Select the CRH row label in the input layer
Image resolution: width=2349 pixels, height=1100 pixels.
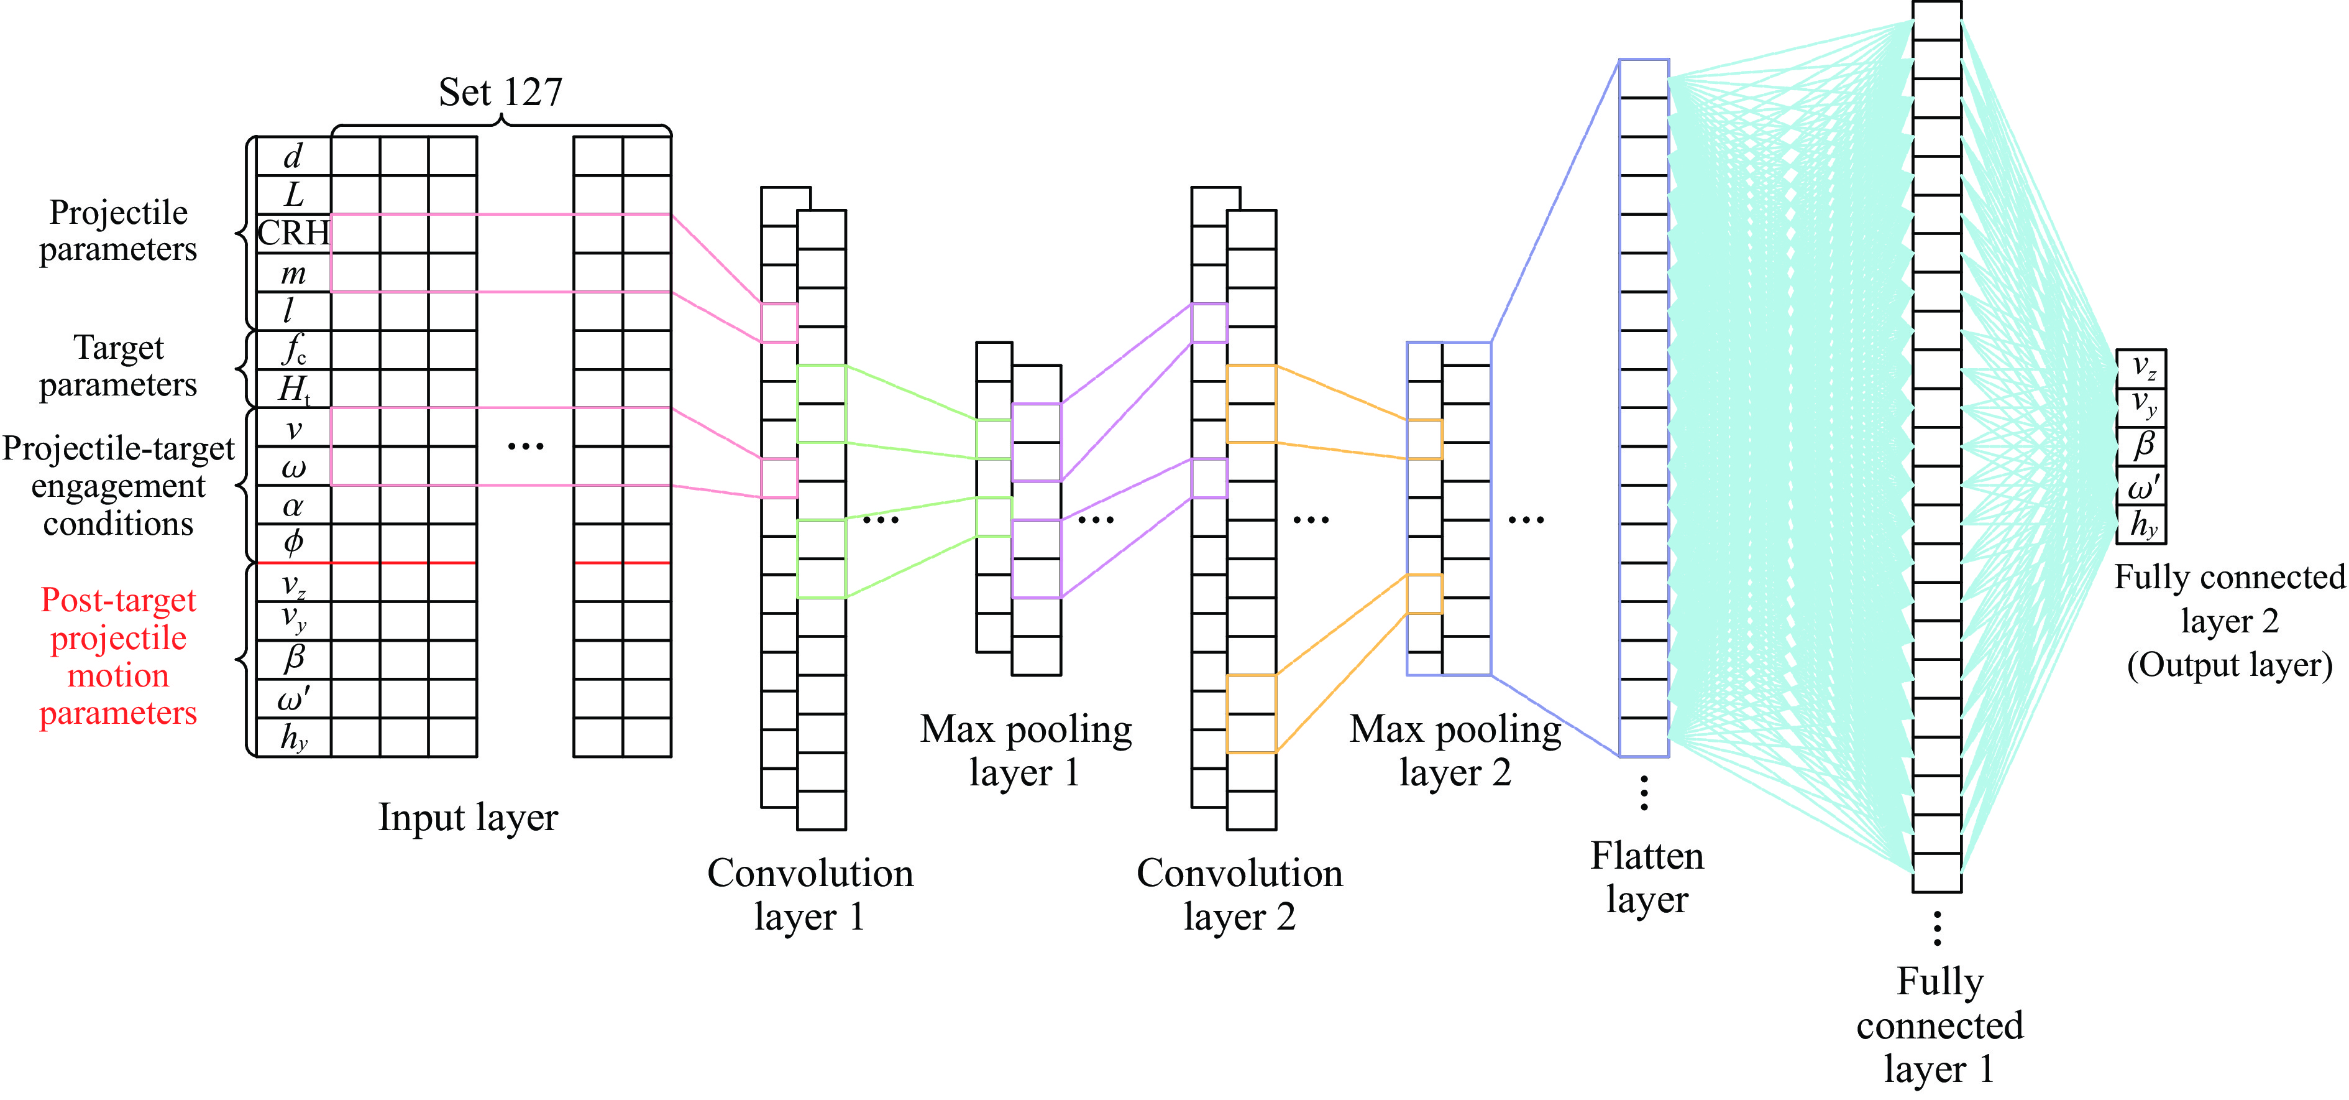(x=293, y=234)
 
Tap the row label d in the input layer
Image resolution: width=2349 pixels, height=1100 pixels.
(x=293, y=156)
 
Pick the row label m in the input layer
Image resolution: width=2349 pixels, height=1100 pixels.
(x=293, y=273)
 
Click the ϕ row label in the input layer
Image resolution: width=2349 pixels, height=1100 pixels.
(x=293, y=543)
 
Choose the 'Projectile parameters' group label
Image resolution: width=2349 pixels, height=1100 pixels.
(x=117, y=231)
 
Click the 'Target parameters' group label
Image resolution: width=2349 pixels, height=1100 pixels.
(x=117, y=366)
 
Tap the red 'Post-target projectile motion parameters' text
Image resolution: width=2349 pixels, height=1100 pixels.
(x=117, y=656)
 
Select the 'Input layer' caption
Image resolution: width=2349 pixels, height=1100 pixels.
(x=468, y=817)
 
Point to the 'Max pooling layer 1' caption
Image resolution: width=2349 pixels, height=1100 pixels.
(x=1026, y=751)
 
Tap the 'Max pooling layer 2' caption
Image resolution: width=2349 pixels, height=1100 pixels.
(x=1455, y=751)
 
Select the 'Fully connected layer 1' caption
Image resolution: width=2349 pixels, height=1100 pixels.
(x=1939, y=1025)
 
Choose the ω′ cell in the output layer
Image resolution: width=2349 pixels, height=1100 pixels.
(x=2141, y=486)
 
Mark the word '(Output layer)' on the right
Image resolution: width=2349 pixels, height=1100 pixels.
(x=2230, y=665)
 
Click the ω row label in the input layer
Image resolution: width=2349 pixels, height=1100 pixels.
(x=293, y=467)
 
